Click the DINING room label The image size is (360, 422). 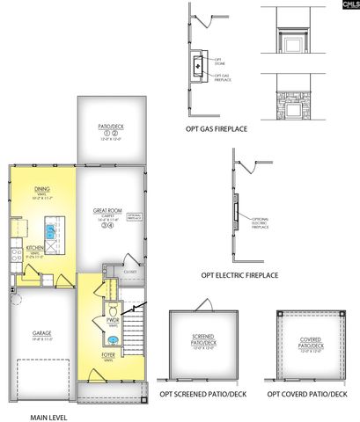[x=41, y=188]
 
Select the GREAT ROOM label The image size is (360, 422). [x=107, y=211]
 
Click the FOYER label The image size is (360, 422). [x=107, y=355]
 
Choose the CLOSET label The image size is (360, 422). [x=130, y=273]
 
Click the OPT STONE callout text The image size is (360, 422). [x=219, y=62]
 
